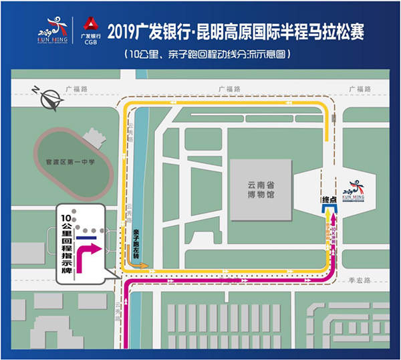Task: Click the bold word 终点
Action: (x=329, y=199)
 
